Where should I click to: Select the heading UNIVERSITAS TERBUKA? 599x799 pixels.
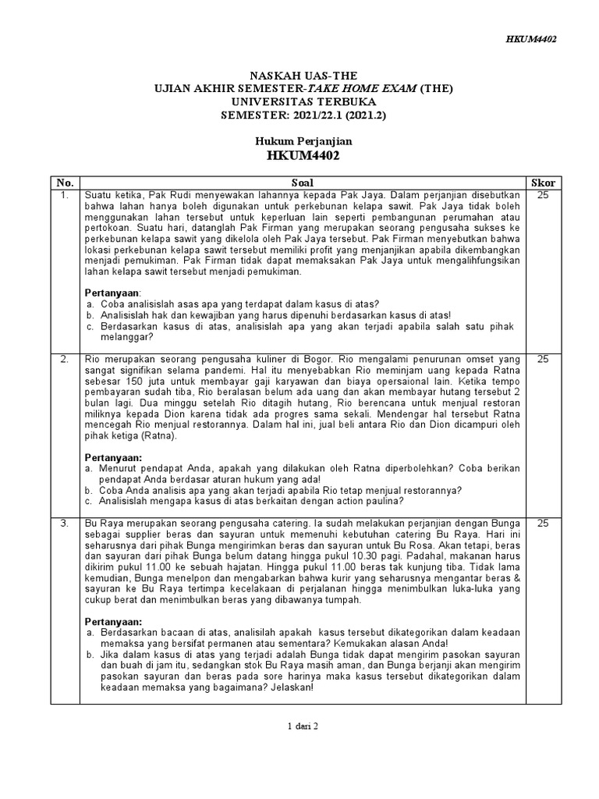click(x=303, y=101)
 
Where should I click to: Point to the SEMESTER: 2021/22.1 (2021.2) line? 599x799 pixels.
click(x=303, y=115)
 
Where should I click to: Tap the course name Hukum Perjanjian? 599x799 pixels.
click(x=303, y=141)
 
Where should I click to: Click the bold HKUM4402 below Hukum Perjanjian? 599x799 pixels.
click(x=303, y=155)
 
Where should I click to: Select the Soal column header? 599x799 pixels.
click(x=302, y=183)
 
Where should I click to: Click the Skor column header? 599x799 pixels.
click(x=543, y=183)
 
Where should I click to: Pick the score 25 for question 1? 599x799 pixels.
click(x=543, y=195)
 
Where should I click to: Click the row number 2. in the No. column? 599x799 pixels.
click(x=66, y=359)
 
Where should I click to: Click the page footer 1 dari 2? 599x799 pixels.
click(x=303, y=726)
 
